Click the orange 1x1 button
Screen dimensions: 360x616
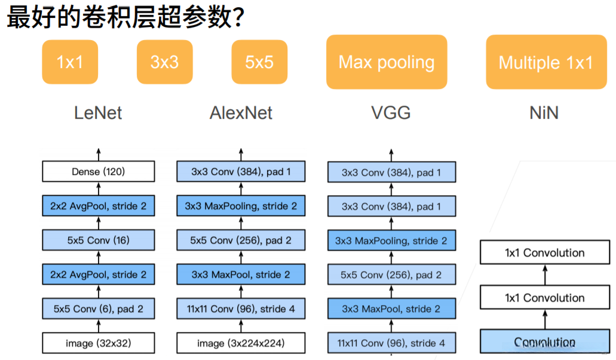coord(70,62)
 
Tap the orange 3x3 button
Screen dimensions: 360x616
coord(164,62)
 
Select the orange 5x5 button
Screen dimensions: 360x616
coord(259,62)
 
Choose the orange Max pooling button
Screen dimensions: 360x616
coord(387,62)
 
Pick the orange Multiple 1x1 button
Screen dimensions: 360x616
coord(545,62)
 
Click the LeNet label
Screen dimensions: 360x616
coord(98,113)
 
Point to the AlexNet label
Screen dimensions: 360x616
coord(241,113)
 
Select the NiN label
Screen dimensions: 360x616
coord(544,113)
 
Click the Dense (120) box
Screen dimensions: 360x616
coord(99,172)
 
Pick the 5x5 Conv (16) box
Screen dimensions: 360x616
coord(99,241)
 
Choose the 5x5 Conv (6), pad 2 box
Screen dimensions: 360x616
coord(99,309)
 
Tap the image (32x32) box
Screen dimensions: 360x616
coord(99,343)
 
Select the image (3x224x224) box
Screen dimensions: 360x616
coord(241,343)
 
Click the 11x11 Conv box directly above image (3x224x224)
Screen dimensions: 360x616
coord(241,309)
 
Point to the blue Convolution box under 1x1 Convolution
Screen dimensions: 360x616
coord(544,343)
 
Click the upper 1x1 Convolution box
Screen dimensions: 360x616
coord(544,253)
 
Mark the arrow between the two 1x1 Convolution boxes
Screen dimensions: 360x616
coord(544,275)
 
